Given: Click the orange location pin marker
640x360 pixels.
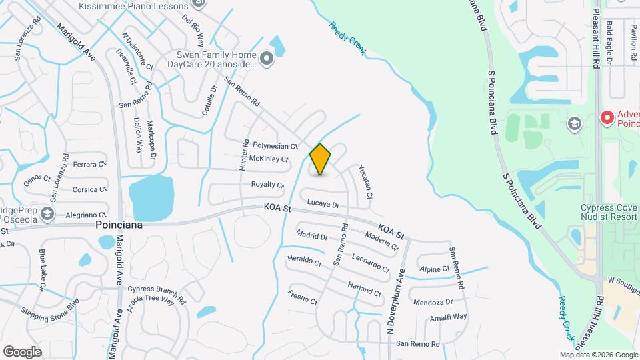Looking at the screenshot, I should click(320, 159).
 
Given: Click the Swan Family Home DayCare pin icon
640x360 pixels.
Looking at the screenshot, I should click(267, 60).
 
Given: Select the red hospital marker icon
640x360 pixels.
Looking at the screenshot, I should click(607, 118).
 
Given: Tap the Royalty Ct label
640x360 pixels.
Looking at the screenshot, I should click(267, 184).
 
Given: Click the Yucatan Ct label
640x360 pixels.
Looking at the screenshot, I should click(365, 182).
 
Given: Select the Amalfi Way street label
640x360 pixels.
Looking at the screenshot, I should click(448, 317).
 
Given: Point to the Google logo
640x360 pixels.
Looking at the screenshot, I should click(22, 351).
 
